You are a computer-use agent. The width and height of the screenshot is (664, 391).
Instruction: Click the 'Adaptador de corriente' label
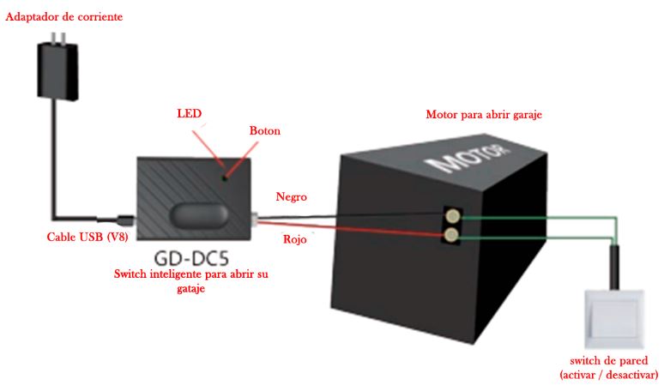tap(64, 17)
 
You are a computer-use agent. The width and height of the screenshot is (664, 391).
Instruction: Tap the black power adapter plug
tap(57, 71)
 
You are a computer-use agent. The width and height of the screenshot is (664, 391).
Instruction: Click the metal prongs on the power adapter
tap(58, 38)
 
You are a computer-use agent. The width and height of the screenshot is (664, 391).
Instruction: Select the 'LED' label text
tap(190, 113)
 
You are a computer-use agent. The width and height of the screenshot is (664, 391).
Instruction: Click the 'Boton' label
tap(265, 130)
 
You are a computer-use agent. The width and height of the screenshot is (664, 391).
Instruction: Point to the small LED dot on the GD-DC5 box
tap(226, 178)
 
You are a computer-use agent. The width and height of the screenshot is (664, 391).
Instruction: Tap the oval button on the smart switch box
tap(199, 215)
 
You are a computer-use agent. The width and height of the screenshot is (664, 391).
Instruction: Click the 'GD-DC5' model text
tap(191, 258)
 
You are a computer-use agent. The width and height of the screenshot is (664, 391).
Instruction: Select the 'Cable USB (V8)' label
tap(88, 237)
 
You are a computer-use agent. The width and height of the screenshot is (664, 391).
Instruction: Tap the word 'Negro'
tap(292, 196)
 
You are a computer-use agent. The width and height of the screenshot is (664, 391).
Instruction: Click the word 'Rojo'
tap(295, 239)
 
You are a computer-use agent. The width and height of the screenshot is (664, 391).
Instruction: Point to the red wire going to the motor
tap(351, 228)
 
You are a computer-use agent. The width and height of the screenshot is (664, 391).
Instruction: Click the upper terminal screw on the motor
tap(453, 217)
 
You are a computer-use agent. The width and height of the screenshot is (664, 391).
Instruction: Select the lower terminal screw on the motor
tap(452, 234)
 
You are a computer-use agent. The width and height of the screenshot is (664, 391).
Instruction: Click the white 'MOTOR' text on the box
tap(467, 158)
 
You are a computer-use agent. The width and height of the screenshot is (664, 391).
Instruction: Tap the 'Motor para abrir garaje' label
tap(484, 115)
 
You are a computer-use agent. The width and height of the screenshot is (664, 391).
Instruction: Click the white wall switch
tap(614, 319)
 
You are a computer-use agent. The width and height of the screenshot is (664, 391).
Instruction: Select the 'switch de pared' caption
tap(609, 361)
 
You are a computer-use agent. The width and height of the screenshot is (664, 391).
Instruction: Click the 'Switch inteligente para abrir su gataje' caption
tap(191, 281)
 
